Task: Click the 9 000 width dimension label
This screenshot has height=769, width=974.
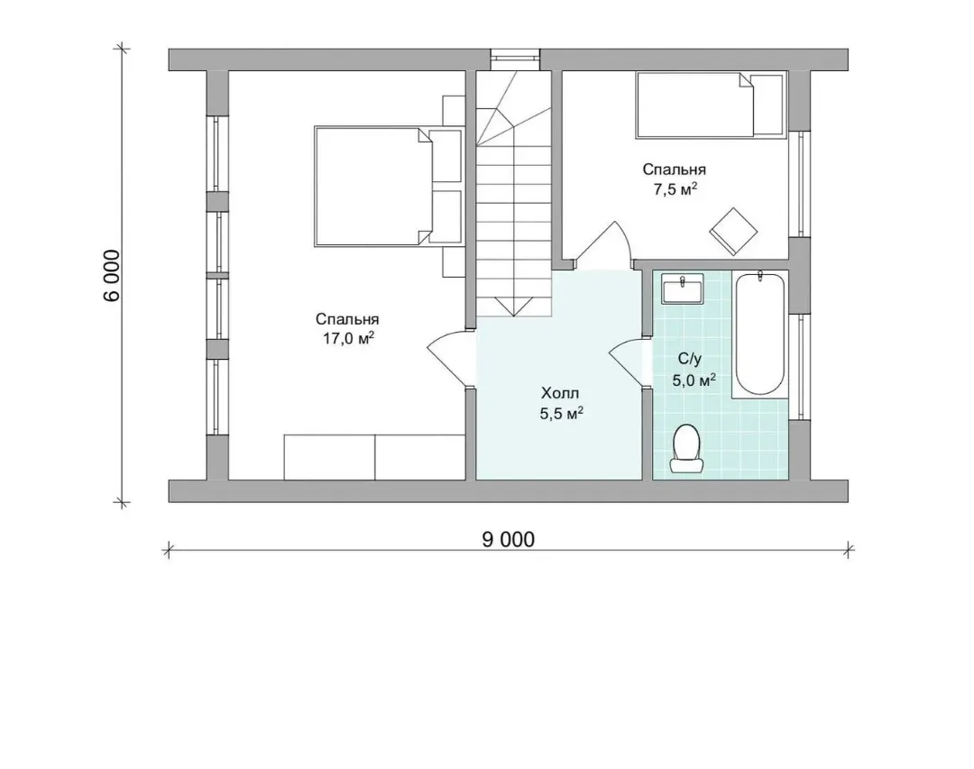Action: click(x=508, y=539)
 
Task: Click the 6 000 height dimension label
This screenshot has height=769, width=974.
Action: click(x=112, y=275)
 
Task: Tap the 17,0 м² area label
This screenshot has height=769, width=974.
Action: click(x=348, y=339)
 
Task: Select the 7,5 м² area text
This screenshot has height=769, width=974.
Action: click(x=674, y=188)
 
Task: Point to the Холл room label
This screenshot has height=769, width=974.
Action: click(x=560, y=393)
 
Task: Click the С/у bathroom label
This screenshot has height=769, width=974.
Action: click(x=690, y=359)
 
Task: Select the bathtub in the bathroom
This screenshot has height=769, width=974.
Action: click(x=759, y=334)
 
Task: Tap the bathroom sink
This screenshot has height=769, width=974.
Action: click(x=682, y=288)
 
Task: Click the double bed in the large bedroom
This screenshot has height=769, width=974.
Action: click(x=388, y=187)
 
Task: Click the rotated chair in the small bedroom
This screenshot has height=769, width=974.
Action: click(x=733, y=231)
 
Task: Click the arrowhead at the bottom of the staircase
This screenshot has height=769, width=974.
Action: click(x=514, y=307)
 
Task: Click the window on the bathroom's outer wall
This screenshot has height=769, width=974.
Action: click(x=800, y=367)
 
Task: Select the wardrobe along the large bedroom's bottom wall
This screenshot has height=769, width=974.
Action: click(x=374, y=457)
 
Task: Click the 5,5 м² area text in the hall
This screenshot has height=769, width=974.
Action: click(x=562, y=413)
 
